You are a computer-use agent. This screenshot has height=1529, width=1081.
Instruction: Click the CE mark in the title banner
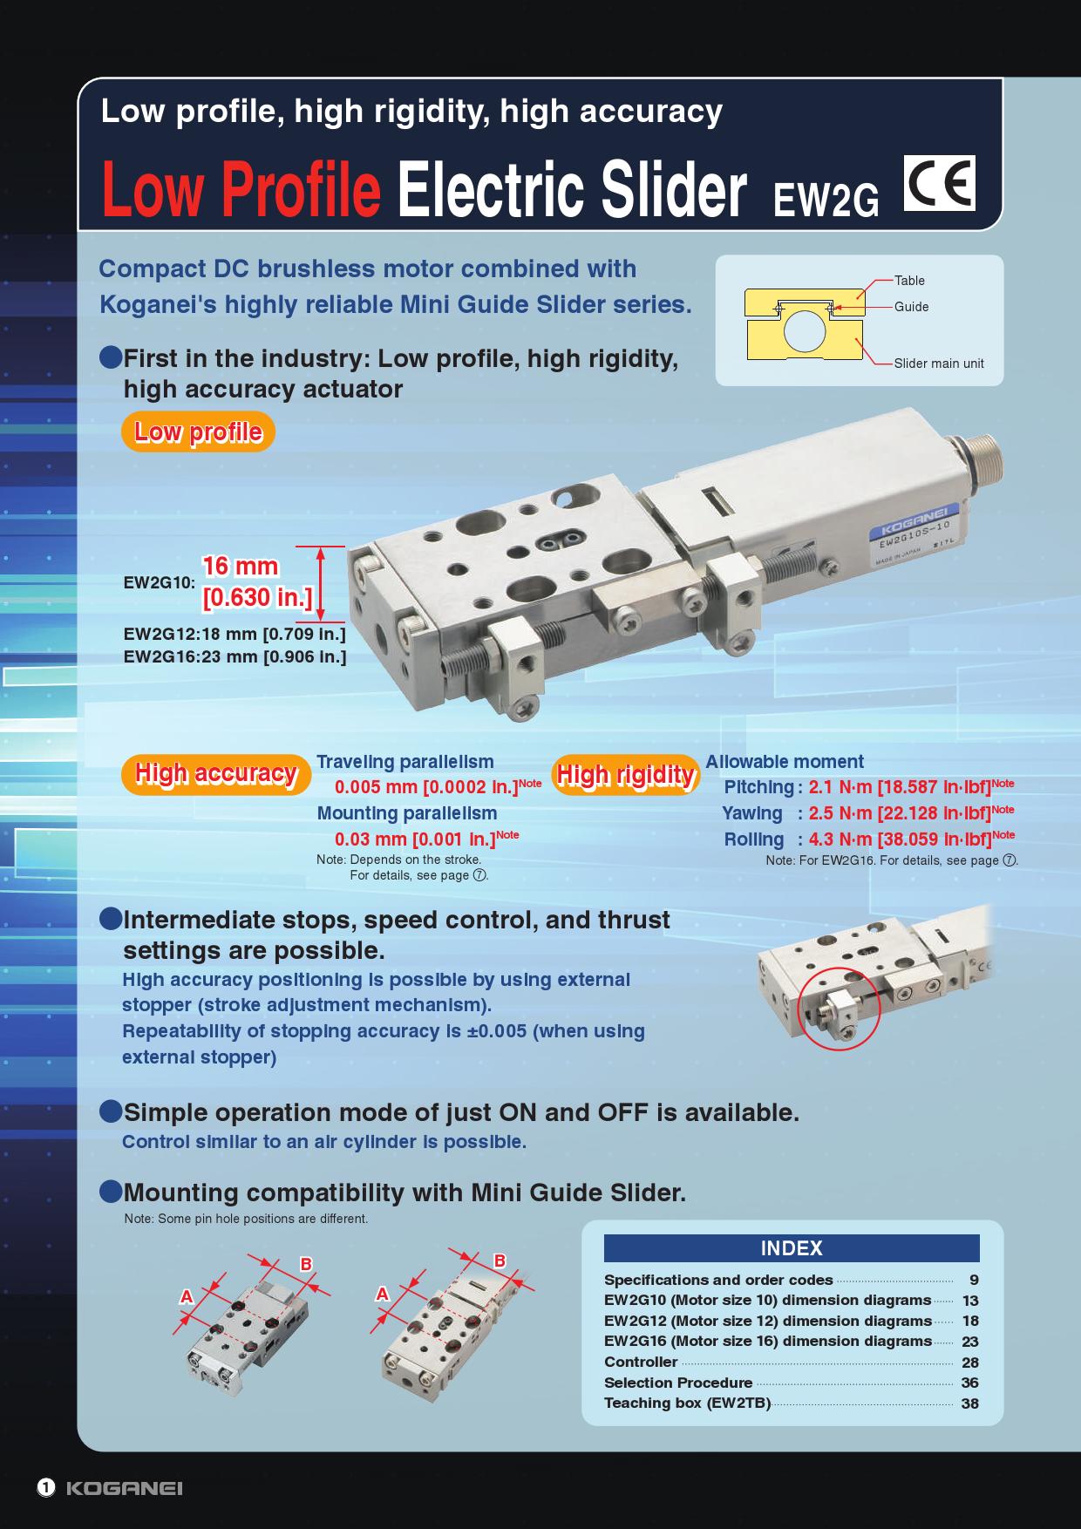939,184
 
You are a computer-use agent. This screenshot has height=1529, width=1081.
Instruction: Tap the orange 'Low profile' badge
199,432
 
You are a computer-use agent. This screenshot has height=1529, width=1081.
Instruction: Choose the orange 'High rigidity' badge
625,774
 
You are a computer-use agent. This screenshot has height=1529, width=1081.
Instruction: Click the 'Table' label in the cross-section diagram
909,281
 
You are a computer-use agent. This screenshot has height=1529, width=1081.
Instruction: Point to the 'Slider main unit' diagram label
939,364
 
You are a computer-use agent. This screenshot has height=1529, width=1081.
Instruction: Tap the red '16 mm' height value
241,567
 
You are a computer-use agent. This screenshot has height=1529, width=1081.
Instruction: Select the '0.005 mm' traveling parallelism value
377,787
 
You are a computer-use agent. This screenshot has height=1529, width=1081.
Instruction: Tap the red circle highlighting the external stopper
840,1009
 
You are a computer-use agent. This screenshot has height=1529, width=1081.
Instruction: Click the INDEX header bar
792,1248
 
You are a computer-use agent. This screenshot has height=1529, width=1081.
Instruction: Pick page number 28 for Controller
970,1363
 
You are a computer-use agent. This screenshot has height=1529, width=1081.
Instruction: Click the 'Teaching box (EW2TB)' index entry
688,1403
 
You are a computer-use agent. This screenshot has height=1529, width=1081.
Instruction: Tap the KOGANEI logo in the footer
124,1488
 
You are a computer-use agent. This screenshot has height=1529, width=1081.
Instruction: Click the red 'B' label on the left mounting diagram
306,1264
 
